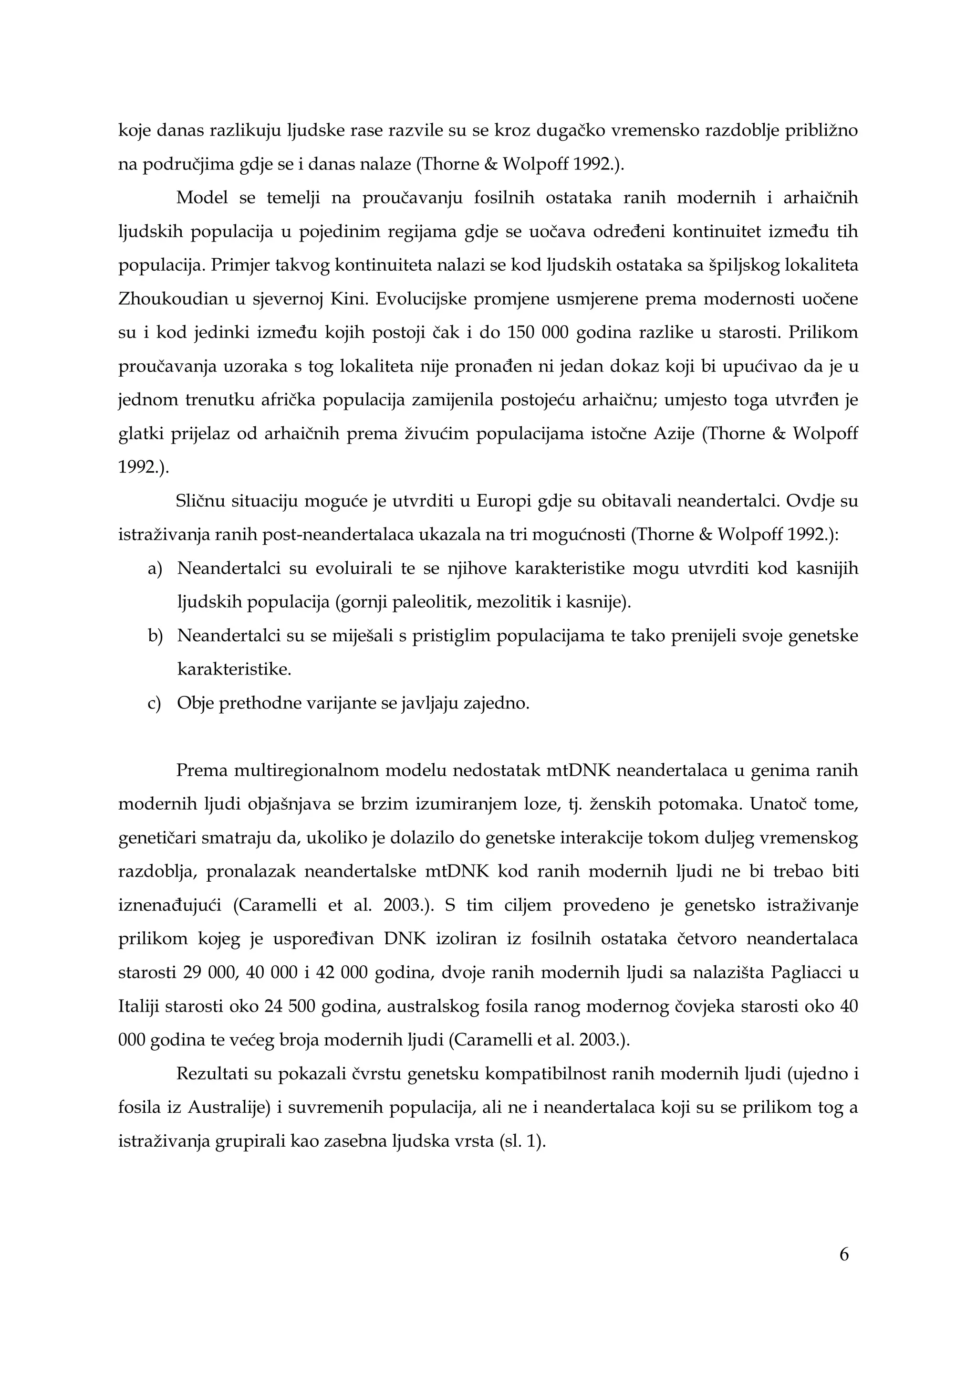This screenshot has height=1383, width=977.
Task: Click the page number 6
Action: pos(843,1254)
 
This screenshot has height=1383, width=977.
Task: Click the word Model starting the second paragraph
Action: pos(202,198)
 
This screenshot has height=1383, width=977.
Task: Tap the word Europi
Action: pos(499,501)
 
